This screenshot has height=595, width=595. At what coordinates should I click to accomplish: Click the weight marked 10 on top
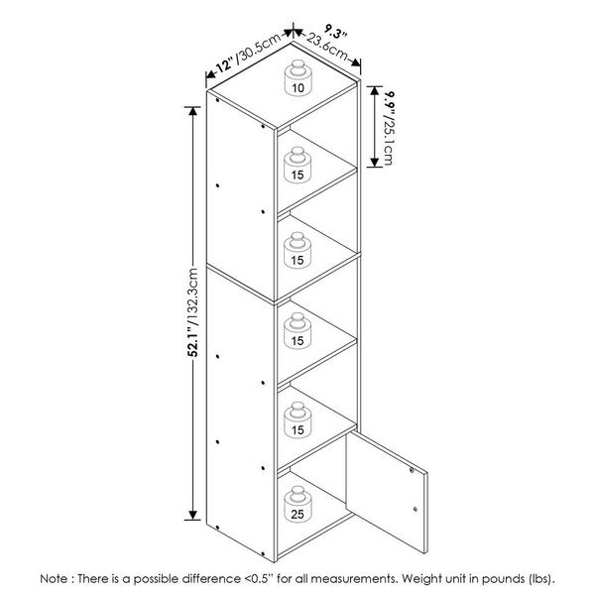[297, 77]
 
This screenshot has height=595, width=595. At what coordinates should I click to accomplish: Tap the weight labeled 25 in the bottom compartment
[297, 504]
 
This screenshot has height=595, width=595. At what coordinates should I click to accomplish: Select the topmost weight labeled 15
[297, 165]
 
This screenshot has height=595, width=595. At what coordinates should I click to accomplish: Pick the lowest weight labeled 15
[297, 419]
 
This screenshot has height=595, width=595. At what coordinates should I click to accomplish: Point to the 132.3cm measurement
[193, 296]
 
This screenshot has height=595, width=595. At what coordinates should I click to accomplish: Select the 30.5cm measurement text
[259, 48]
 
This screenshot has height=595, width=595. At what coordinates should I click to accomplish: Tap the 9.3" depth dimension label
[335, 31]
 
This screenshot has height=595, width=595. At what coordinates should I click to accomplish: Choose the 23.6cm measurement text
[327, 47]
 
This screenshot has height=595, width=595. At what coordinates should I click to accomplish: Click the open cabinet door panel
[387, 492]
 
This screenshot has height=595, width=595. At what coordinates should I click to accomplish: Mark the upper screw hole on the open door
[413, 470]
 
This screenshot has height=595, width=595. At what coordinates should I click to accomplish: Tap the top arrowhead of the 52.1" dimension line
[193, 111]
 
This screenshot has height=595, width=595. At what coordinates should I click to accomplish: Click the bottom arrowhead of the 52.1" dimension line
[193, 515]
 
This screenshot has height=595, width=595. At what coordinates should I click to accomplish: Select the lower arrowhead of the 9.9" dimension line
[375, 163]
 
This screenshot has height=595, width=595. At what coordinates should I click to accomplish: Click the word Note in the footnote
[55, 579]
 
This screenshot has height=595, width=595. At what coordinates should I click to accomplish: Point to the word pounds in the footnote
[503, 579]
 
